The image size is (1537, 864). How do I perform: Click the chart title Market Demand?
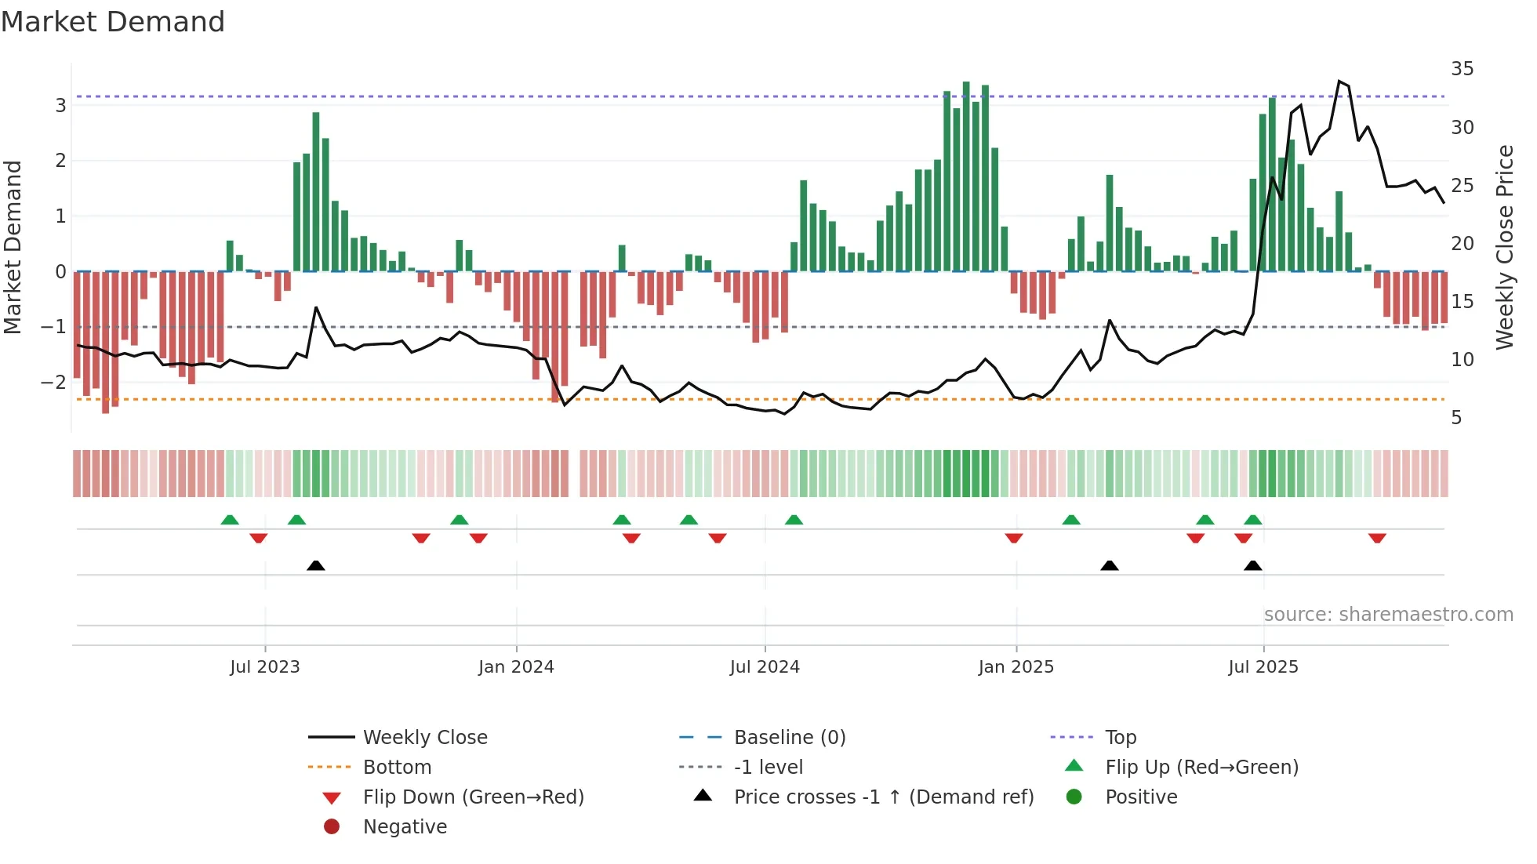click(113, 22)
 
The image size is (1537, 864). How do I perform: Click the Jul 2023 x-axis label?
click(265, 667)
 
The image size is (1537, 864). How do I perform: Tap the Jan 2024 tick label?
click(516, 667)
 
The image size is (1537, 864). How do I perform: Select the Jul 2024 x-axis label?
click(765, 667)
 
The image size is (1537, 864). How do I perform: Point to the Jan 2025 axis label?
click(1016, 667)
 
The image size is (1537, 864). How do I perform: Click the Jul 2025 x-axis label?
click(1263, 667)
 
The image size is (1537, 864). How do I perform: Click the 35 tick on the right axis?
click(1462, 69)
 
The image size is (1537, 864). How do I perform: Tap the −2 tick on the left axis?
click(53, 383)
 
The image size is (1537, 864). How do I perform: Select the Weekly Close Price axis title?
click(1504, 247)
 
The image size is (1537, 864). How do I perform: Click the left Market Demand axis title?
click(13, 247)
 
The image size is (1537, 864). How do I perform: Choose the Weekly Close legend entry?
click(424, 738)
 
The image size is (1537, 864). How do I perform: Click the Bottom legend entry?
click(397, 768)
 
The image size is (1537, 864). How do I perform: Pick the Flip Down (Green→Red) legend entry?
click(473, 797)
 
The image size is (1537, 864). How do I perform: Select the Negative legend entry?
click(405, 827)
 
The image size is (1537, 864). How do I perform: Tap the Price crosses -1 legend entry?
click(883, 797)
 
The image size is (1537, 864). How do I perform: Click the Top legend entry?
click(1121, 738)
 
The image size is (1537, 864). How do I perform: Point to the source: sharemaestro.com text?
click(1388, 615)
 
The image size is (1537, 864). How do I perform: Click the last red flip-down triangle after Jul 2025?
click(1377, 538)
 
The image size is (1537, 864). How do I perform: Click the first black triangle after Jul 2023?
click(316, 565)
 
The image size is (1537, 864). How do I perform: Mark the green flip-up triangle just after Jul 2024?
click(794, 520)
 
